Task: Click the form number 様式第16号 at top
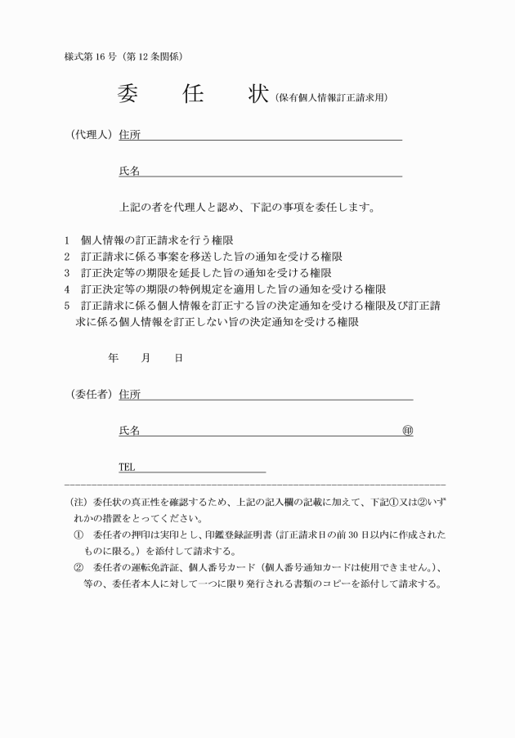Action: pyautogui.click(x=95, y=56)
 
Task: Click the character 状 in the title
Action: pyautogui.click(x=258, y=94)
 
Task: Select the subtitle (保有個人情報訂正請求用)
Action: pyautogui.click(x=330, y=98)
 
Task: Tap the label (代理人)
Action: pyautogui.click(x=89, y=135)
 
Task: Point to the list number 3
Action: pyautogui.click(x=67, y=273)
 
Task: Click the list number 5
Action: pyautogui.click(x=67, y=306)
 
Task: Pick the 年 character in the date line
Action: pyautogui.click(x=113, y=358)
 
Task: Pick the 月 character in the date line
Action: pyautogui.click(x=146, y=358)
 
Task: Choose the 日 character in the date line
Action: pyautogui.click(x=178, y=358)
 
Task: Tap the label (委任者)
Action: pyautogui.click(x=89, y=395)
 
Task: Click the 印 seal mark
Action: pyautogui.click(x=407, y=431)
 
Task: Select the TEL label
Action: pyautogui.click(x=127, y=467)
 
